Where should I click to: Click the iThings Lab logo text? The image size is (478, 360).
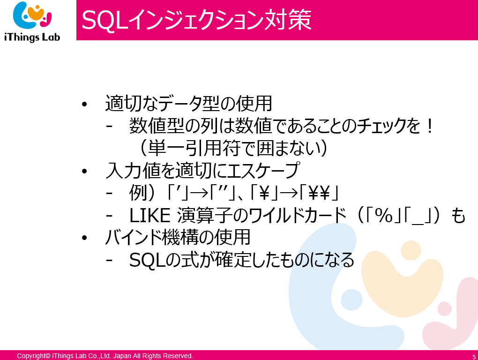coord(32,37)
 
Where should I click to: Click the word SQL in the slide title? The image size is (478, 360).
coord(105,21)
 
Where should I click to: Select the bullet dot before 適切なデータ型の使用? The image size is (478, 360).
coord(84,104)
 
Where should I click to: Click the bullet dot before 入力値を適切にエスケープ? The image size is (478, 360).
coord(84,171)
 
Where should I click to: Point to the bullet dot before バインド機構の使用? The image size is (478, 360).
coord(84,238)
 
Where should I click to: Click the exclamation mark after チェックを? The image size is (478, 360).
coord(430,126)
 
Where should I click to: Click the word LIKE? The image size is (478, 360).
coord(149,216)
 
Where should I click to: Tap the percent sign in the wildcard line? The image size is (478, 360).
coord(384,216)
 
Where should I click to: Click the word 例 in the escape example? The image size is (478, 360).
coord(138,193)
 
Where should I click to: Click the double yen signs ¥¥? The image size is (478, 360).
coord(319,193)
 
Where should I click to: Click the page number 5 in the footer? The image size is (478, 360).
coord(474,357)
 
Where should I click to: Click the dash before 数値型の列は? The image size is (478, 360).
coord(109,127)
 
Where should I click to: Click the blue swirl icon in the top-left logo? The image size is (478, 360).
coord(23,15)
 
